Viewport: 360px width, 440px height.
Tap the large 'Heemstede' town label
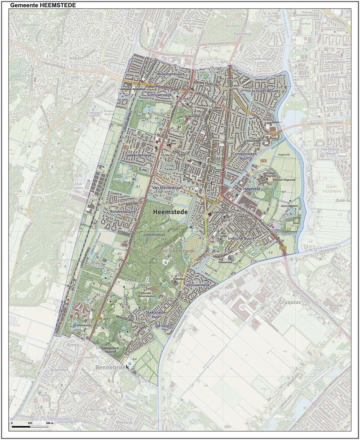point(174,212)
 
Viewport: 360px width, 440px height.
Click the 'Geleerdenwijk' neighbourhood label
point(139,155)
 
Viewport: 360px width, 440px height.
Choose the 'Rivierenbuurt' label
point(123,211)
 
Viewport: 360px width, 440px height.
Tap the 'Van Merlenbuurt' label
point(167,187)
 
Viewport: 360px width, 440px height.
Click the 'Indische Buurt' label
point(241,238)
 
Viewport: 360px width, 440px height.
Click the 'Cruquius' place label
point(290,302)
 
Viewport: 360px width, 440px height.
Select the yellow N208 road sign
point(98,318)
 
